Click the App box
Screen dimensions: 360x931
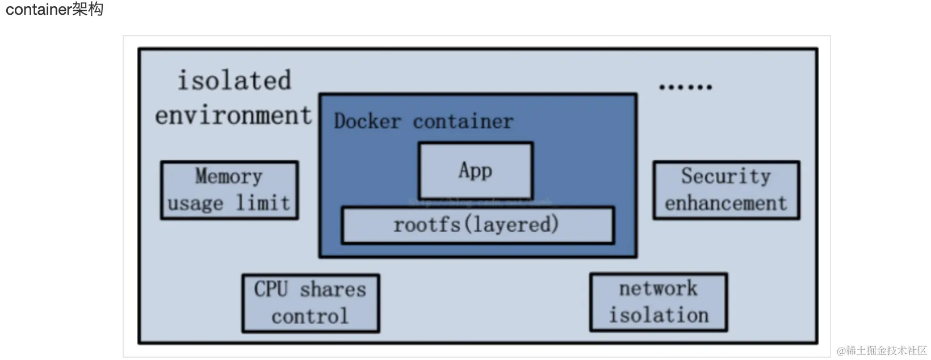coord(475,170)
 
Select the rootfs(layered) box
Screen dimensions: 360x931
coord(477,225)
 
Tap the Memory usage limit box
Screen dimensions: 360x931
coord(229,190)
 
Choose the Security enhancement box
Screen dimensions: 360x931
coord(725,190)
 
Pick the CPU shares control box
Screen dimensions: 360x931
coord(310,303)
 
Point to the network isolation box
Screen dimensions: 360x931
coord(658,302)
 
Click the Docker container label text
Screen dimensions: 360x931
coord(423,122)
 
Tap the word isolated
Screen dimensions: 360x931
coord(234,81)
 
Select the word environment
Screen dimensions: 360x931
coord(233,115)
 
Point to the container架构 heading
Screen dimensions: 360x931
coord(54,10)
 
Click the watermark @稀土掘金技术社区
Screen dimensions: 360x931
coord(882,350)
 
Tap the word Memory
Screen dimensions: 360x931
coord(229,176)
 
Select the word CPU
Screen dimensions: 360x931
coord(271,289)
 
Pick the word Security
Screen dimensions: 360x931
coord(725,176)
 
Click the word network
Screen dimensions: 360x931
coord(658,288)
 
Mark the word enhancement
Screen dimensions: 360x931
coord(725,203)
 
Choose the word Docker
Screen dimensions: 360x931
coord(367,122)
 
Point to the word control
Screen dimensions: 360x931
coord(310,316)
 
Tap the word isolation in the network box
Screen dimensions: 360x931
coord(659,315)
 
